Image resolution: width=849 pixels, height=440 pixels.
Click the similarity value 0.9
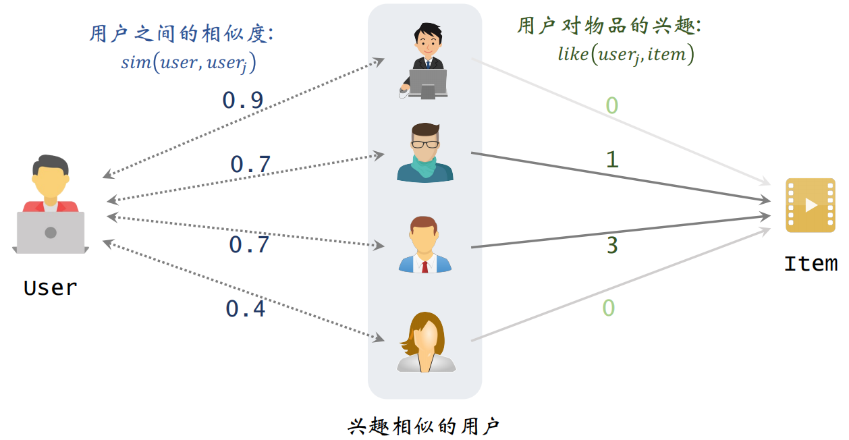(242, 100)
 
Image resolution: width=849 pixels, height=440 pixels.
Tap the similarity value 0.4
(245, 308)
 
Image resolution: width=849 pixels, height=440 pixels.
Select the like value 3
(611, 245)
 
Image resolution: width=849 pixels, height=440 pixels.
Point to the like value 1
(612, 159)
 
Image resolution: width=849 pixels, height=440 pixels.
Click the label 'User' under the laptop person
(50, 287)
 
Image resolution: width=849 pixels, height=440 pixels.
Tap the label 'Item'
(811, 263)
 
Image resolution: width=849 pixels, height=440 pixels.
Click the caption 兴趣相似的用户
(424, 426)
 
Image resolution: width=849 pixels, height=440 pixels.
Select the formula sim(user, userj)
(188, 63)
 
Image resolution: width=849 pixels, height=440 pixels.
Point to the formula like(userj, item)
(626, 54)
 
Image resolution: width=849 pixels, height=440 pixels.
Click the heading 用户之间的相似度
(181, 33)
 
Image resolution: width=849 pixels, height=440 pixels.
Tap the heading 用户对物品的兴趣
(609, 26)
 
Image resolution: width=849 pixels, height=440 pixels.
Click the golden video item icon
(811, 205)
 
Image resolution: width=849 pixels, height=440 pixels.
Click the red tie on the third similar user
(424, 265)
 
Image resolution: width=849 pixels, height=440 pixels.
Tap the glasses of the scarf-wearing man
(425, 143)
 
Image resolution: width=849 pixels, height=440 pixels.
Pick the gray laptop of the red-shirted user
(51, 232)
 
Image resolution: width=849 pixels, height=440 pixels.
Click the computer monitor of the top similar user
(428, 82)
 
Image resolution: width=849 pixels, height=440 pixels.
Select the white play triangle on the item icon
(811, 205)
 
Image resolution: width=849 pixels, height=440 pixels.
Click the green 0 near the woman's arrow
(608, 308)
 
